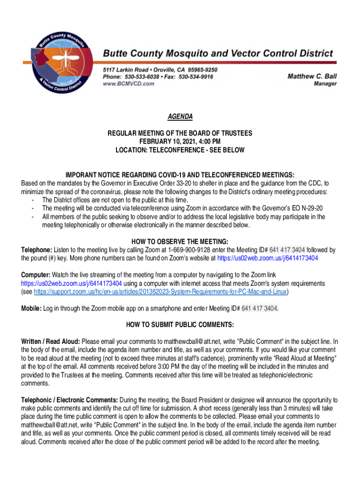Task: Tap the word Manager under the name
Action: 325,84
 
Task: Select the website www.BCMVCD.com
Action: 129,84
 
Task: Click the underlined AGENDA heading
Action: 180,116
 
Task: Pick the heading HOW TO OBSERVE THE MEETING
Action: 180,242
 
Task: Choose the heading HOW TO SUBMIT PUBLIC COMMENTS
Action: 180,325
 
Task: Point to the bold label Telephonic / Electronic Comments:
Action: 70,400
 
